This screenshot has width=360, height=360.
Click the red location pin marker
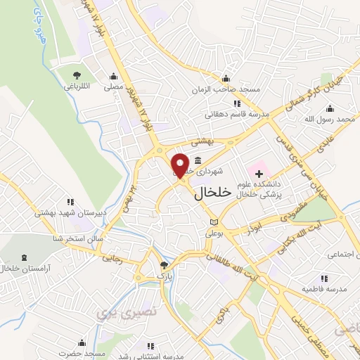pyautogui.click(x=181, y=165)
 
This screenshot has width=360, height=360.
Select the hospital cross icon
pyautogui.click(x=259, y=173)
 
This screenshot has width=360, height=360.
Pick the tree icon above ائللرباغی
pyautogui.click(x=76, y=75)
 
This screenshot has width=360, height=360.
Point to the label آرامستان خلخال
pyautogui.click(x=27, y=269)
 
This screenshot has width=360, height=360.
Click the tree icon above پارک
pyautogui.click(x=164, y=265)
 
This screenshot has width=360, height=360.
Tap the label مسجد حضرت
pyautogui.click(x=82, y=354)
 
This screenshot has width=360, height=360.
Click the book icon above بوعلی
pyautogui.click(x=214, y=222)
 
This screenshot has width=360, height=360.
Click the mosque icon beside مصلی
pyautogui.click(x=113, y=77)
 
